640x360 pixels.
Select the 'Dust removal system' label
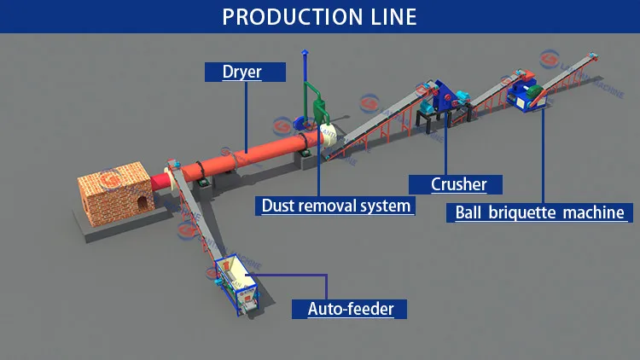[335, 206]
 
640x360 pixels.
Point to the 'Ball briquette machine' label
[538, 212]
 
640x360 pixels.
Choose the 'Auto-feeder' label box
[350, 308]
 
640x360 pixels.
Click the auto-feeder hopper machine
[235, 282]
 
